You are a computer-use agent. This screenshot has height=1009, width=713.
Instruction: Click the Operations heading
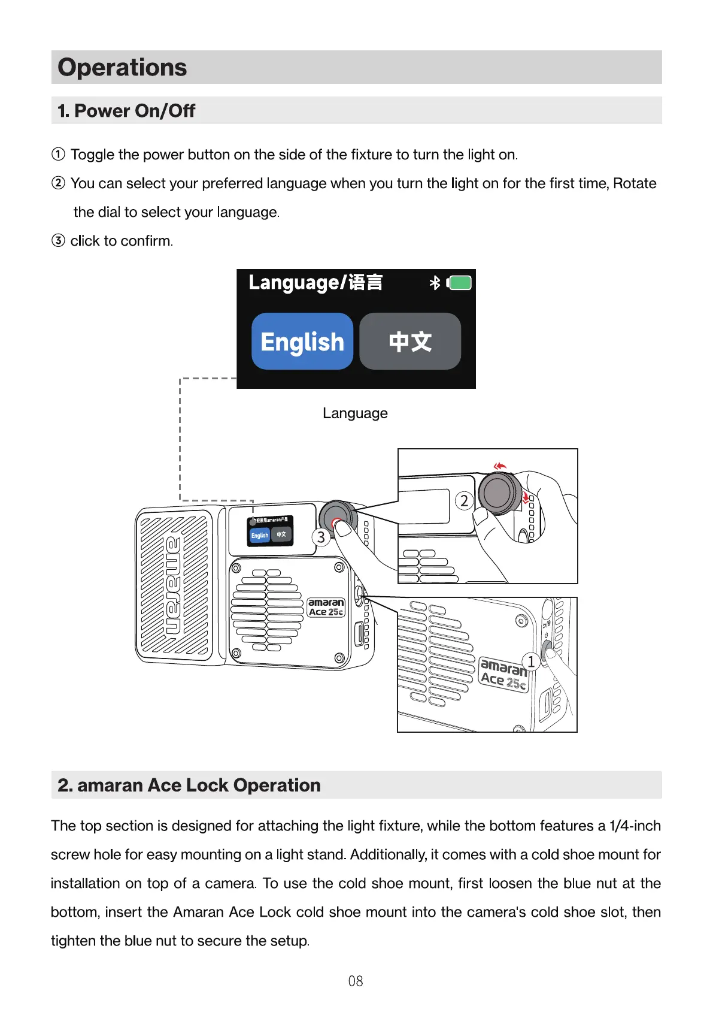pos(122,67)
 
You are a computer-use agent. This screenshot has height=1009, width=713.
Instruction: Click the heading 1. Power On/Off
pos(126,111)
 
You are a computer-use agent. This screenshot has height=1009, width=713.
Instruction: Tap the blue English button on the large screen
pos(302,342)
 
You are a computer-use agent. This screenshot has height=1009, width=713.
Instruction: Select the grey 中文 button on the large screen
pos(410,342)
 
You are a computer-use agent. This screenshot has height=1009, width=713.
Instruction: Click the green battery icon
pos(460,283)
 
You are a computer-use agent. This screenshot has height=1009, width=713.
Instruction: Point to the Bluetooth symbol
pos(435,283)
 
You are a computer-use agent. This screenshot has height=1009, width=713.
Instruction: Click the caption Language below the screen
pos(355,413)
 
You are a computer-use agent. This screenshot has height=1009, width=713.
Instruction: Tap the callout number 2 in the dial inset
pos(465,501)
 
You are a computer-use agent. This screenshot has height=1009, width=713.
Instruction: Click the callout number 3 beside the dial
pos(321,537)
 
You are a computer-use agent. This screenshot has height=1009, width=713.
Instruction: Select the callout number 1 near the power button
pos(531,661)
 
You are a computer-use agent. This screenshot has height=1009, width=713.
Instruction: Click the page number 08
pos(356,981)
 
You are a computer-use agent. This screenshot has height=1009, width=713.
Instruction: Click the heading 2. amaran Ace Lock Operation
pos(189,785)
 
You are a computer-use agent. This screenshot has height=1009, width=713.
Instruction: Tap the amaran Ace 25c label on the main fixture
pos(326,607)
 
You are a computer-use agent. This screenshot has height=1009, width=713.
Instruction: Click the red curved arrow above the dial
pos(500,466)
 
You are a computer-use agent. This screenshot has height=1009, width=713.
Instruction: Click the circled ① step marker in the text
pos(58,155)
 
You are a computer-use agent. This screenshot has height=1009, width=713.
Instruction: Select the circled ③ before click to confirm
pos(58,241)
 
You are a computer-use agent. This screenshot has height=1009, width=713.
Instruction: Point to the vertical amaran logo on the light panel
pos(174,586)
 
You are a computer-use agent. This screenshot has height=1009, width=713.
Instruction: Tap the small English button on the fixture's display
pos(260,535)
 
